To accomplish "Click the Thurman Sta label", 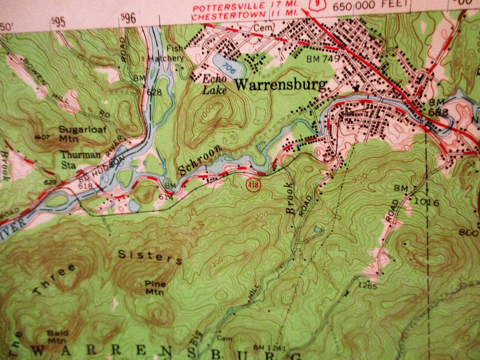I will (x=81, y=159).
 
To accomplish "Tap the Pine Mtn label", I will (x=154, y=288).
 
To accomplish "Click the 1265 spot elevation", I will (x=367, y=286).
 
